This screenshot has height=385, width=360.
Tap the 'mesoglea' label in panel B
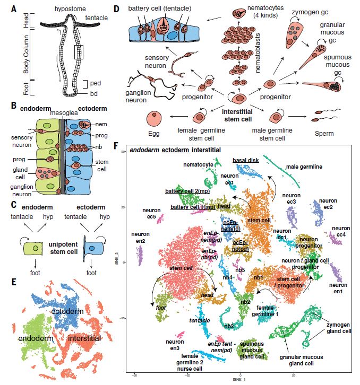click(x=63, y=112)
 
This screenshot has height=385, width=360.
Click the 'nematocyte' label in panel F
click(x=198, y=164)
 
